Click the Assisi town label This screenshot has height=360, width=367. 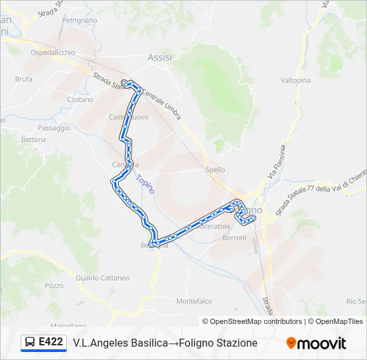point(159,57)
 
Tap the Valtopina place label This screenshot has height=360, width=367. point(296,80)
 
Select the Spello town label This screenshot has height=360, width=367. point(216,170)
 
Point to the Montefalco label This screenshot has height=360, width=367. point(194,301)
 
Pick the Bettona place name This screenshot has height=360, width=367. point(34,140)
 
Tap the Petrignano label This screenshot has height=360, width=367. point(79,21)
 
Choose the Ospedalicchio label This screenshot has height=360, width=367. point(53,53)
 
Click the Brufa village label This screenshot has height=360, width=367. point(23,79)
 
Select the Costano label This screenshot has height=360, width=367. point(80,99)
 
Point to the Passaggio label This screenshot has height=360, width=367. point(54,128)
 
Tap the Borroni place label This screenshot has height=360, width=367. point(234,238)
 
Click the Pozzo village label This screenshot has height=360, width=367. point(54,285)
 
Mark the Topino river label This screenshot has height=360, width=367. point(145,184)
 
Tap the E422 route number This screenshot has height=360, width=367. point(51,342)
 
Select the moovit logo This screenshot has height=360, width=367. point(316,343)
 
